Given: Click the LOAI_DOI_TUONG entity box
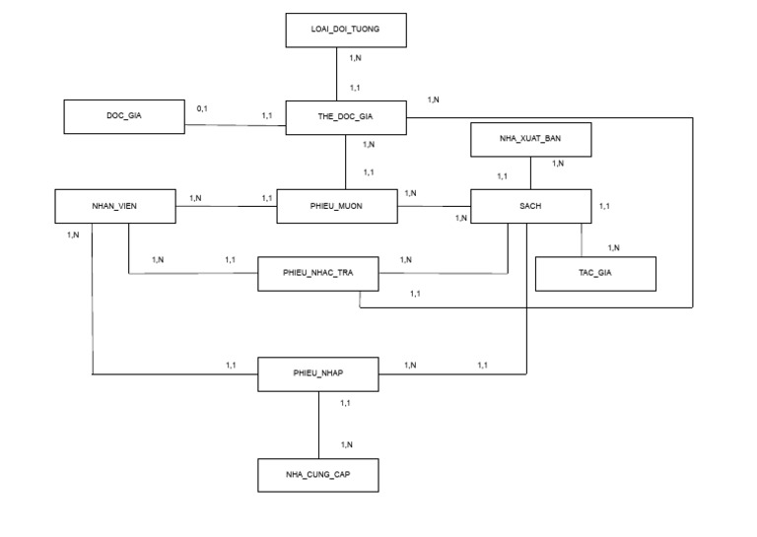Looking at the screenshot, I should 345,31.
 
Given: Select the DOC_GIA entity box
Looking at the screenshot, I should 123,117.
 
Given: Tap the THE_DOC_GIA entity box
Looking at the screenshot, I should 345,117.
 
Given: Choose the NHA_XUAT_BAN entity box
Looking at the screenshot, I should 530,140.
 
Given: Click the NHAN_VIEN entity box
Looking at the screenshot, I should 115,206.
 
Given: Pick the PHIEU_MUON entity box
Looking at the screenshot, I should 338,206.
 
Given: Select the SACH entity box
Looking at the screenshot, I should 530,206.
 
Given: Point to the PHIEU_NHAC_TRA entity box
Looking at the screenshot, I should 317,273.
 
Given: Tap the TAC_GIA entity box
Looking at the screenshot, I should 595,273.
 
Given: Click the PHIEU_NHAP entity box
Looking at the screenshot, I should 317,374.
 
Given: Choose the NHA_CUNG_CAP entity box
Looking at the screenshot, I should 317,474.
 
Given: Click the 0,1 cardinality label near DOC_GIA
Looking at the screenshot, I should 202,107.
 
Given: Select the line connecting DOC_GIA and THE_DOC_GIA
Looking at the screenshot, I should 235,125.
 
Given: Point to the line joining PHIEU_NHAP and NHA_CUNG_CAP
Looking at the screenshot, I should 318,424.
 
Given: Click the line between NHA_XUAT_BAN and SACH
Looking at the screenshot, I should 531,172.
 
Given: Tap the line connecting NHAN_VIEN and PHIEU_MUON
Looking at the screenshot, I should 227,206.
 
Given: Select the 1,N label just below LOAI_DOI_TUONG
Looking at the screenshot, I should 355,58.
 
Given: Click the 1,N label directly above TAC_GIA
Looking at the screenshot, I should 613,247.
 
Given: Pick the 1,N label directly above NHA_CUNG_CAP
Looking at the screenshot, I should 346,444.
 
